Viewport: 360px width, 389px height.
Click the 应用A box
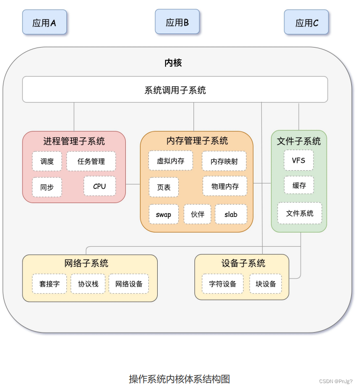44,23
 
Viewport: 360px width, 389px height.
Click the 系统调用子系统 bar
175,90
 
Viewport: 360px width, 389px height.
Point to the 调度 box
47,161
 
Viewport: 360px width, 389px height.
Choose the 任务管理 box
91,161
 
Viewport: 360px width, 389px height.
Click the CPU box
100,186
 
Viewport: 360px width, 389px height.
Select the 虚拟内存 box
170,160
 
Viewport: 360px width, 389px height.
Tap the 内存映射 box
224,161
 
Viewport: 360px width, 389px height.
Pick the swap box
164,214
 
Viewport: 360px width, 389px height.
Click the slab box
231,214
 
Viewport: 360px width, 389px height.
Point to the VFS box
299,160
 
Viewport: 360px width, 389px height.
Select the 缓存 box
299,185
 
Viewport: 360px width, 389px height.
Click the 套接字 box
49,284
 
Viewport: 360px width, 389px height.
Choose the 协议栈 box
88,284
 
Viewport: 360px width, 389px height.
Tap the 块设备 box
266,284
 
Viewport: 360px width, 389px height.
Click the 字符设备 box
222,284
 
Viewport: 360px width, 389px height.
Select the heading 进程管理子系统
74,141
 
